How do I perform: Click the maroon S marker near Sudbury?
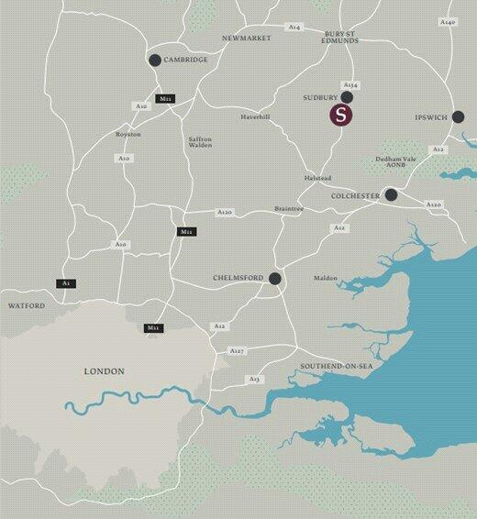(341, 116)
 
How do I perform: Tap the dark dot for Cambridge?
(154, 61)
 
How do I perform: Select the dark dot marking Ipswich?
(458, 117)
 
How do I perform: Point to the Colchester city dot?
(391, 194)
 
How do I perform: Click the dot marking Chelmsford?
(274, 279)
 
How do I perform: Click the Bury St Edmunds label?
(344, 38)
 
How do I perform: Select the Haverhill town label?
(256, 117)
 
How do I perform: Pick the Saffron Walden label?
(200, 142)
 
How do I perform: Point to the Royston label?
(128, 135)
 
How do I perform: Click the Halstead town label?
(317, 178)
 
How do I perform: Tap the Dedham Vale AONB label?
(396, 162)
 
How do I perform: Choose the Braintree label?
(289, 209)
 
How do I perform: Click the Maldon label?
(326, 278)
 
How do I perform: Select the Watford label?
(26, 305)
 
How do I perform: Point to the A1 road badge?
(66, 283)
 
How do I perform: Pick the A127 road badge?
(238, 351)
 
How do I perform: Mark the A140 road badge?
(447, 21)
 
